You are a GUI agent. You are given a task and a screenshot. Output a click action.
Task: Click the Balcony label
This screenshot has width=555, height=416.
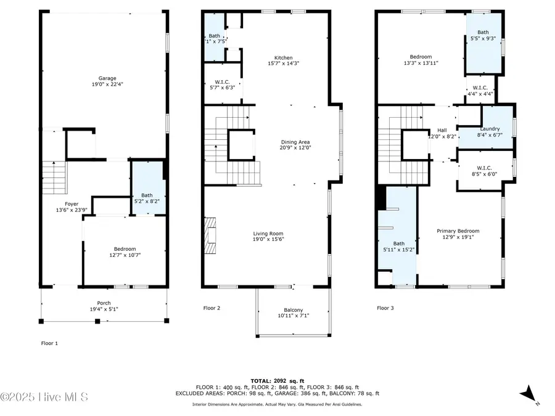293,310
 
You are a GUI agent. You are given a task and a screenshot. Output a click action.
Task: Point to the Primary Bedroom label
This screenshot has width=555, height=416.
458,231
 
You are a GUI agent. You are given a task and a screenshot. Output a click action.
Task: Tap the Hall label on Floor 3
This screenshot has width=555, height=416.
442,130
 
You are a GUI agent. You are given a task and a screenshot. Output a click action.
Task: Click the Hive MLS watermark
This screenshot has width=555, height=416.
44,396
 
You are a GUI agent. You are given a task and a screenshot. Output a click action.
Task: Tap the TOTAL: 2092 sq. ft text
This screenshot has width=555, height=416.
277,380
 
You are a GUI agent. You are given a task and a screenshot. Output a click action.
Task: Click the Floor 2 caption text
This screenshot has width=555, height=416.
212,308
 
